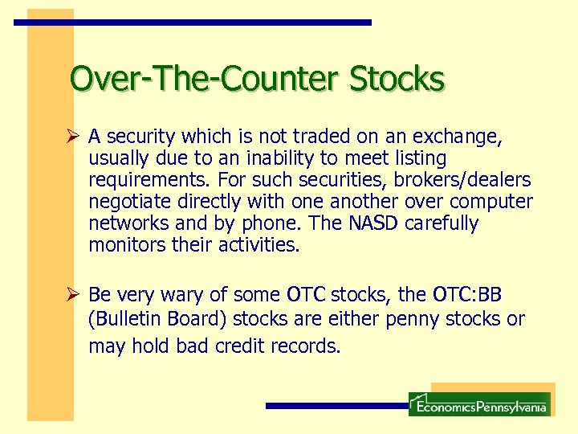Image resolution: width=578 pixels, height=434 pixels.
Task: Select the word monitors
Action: click(x=128, y=245)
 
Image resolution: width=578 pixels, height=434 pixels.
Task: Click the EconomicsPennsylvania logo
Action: click(x=479, y=404)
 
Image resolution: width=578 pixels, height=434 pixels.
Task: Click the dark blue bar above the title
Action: click(x=193, y=23)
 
